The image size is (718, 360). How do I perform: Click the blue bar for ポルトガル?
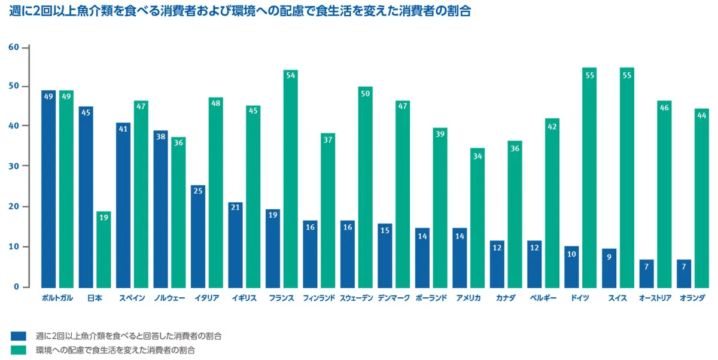click(x=48, y=188)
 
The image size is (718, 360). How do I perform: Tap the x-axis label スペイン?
click(x=132, y=298)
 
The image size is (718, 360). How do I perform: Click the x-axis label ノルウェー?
click(x=169, y=298)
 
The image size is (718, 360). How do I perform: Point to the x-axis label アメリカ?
click(x=468, y=298)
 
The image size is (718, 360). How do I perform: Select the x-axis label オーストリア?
click(x=655, y=298)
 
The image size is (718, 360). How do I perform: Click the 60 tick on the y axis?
click(x=14, y=47)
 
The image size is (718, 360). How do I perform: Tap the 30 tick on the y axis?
click(x=14, y=166)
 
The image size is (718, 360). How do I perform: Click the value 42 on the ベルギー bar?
click(x=552, y=126)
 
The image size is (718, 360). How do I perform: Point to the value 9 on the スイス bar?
click(x=609, y=257)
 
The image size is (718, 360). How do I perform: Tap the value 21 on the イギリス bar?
click(x=235, y=207)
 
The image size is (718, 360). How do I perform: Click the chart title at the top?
click(x=240, y=12)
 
